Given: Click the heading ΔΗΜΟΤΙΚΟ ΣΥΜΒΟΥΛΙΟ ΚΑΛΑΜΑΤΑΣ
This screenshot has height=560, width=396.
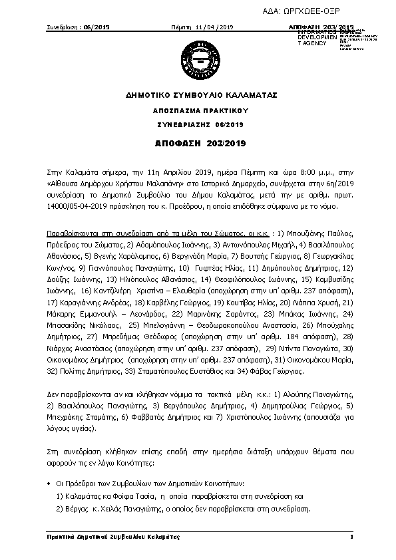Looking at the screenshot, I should [x=197, y=96].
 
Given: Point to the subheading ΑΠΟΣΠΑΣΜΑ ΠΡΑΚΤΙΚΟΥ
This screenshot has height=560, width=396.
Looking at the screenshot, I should [x=197, y=110].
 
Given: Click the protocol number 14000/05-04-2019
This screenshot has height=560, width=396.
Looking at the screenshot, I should [x=73, y=207].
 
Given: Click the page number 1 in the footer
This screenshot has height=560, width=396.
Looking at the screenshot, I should [x=350, y=537].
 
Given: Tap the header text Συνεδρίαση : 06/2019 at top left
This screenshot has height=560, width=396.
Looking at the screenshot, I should [x=78, y=27].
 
